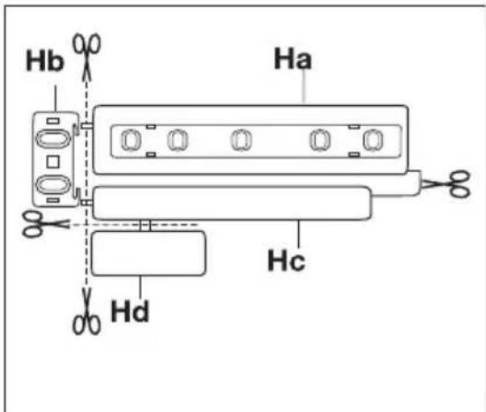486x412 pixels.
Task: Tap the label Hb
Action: pos(43,63)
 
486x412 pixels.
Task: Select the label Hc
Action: pos(286,261)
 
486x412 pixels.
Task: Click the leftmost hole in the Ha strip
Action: pos(130,140)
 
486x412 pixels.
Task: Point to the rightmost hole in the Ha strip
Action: pos(375,140)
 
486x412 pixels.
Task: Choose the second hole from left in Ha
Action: pos(177,140)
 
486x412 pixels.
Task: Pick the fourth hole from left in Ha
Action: pos(320,140)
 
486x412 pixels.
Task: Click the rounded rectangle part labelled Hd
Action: pos(148,253)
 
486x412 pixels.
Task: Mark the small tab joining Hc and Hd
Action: pos(147,226)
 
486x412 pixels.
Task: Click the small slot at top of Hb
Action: pos(52,119)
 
